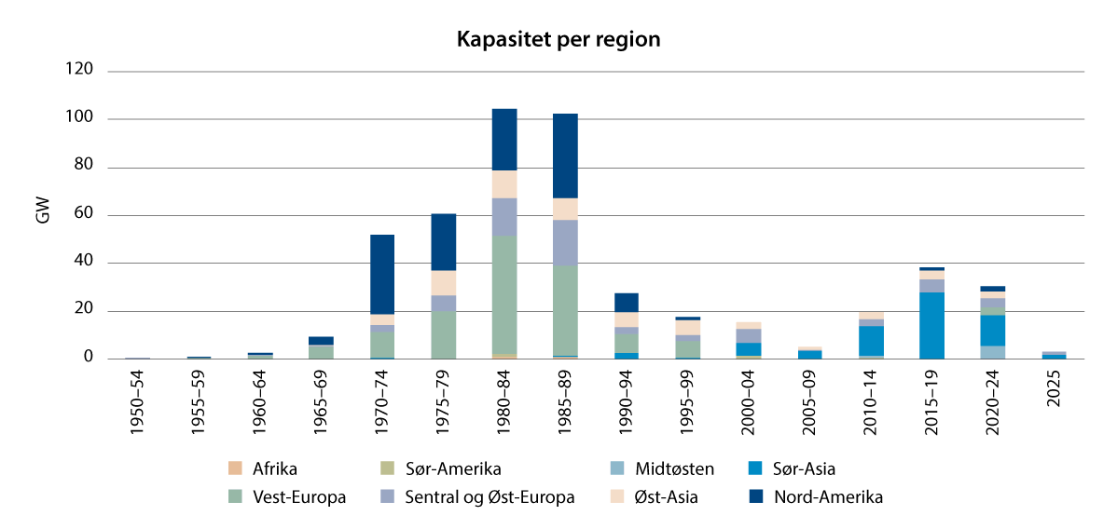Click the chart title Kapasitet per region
(558, 40)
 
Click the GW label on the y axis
(43, 211)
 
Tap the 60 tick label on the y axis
(84, 214)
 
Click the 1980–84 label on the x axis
(504, 401)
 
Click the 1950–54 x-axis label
(138, 401)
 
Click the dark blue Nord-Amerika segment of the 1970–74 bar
(382, 274)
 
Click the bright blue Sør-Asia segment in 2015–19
(931, 325)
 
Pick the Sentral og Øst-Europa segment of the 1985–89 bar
(565, 242)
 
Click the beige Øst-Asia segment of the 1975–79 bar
(443, 283)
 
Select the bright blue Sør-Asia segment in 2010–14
(870, 340)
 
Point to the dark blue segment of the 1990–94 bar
(627, 303)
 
